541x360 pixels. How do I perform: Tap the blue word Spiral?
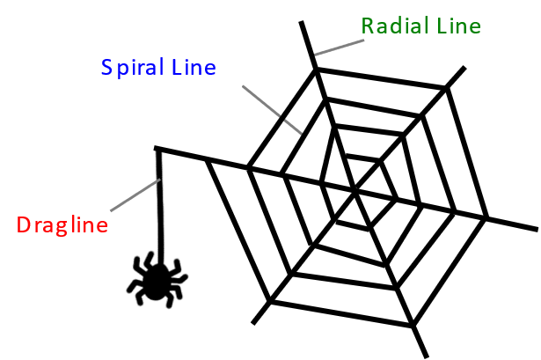133,68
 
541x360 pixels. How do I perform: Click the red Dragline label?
62,225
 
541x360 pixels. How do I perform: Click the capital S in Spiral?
106,68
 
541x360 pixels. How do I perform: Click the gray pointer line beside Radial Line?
340,47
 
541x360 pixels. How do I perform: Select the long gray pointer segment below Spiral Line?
260,99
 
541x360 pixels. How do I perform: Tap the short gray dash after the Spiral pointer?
293,127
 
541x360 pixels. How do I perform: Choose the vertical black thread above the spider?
160,202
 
